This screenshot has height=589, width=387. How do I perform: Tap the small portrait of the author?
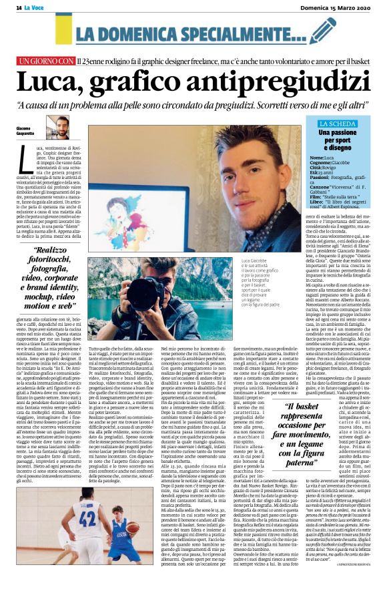(56, 126)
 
